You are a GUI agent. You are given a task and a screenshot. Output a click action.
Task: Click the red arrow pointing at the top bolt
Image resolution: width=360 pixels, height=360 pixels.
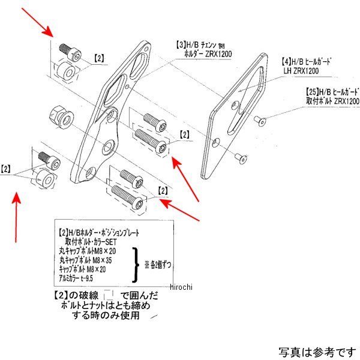[x=38, y=26]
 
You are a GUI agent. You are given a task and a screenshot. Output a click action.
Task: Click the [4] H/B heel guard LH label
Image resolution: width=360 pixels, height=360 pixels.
[x=307, y=66]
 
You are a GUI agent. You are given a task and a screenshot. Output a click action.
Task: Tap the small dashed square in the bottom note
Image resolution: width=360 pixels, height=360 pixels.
[x=109, y=295]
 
